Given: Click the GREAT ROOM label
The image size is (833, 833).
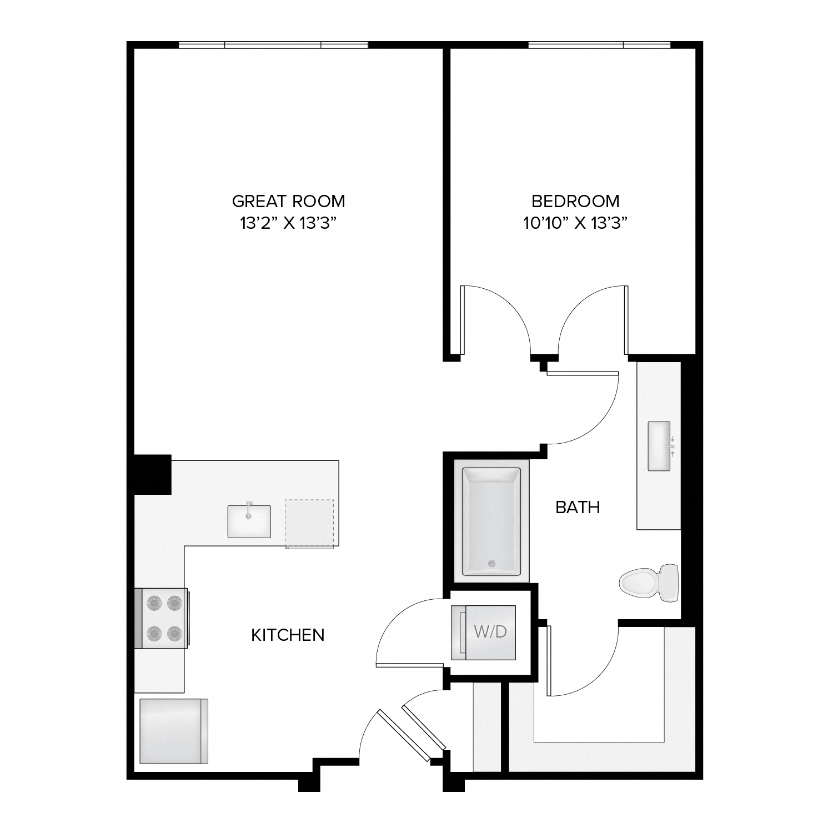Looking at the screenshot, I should tap(288, 200).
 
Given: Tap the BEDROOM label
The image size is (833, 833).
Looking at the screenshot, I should tap(575, 200).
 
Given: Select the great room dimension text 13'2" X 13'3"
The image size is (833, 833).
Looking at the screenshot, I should tap(288, 223).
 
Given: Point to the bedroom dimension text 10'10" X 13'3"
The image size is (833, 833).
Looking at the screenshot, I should tap(575, 223).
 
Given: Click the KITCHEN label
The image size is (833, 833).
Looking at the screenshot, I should tap(288, 635).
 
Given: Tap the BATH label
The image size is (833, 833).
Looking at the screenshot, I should tap(578, 507).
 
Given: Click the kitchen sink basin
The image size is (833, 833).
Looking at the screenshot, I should tap(249, 522).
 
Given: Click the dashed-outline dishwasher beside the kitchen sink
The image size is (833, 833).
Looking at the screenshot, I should tap(309, 523).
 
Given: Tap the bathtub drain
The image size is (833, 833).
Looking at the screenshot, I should tap(491, 564).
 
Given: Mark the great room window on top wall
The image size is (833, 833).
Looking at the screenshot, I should tap(273, 45).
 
